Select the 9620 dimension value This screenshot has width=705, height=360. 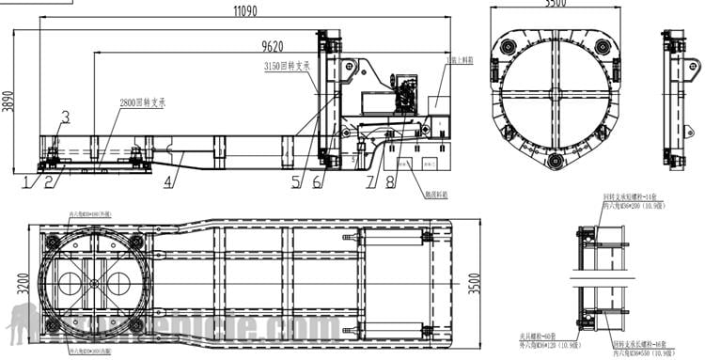(272, 45)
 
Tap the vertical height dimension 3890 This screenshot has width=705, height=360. (8, 96)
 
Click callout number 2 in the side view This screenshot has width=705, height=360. (48, 181)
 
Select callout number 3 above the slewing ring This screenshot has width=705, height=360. (65, 117)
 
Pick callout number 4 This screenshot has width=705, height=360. (167, 181)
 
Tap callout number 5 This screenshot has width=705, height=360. (295, 181)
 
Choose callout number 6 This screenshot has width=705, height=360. (317, 181)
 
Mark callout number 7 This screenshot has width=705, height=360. (369, 181)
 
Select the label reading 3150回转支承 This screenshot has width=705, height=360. (288, 66)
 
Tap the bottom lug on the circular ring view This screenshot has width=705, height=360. (556, 163)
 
